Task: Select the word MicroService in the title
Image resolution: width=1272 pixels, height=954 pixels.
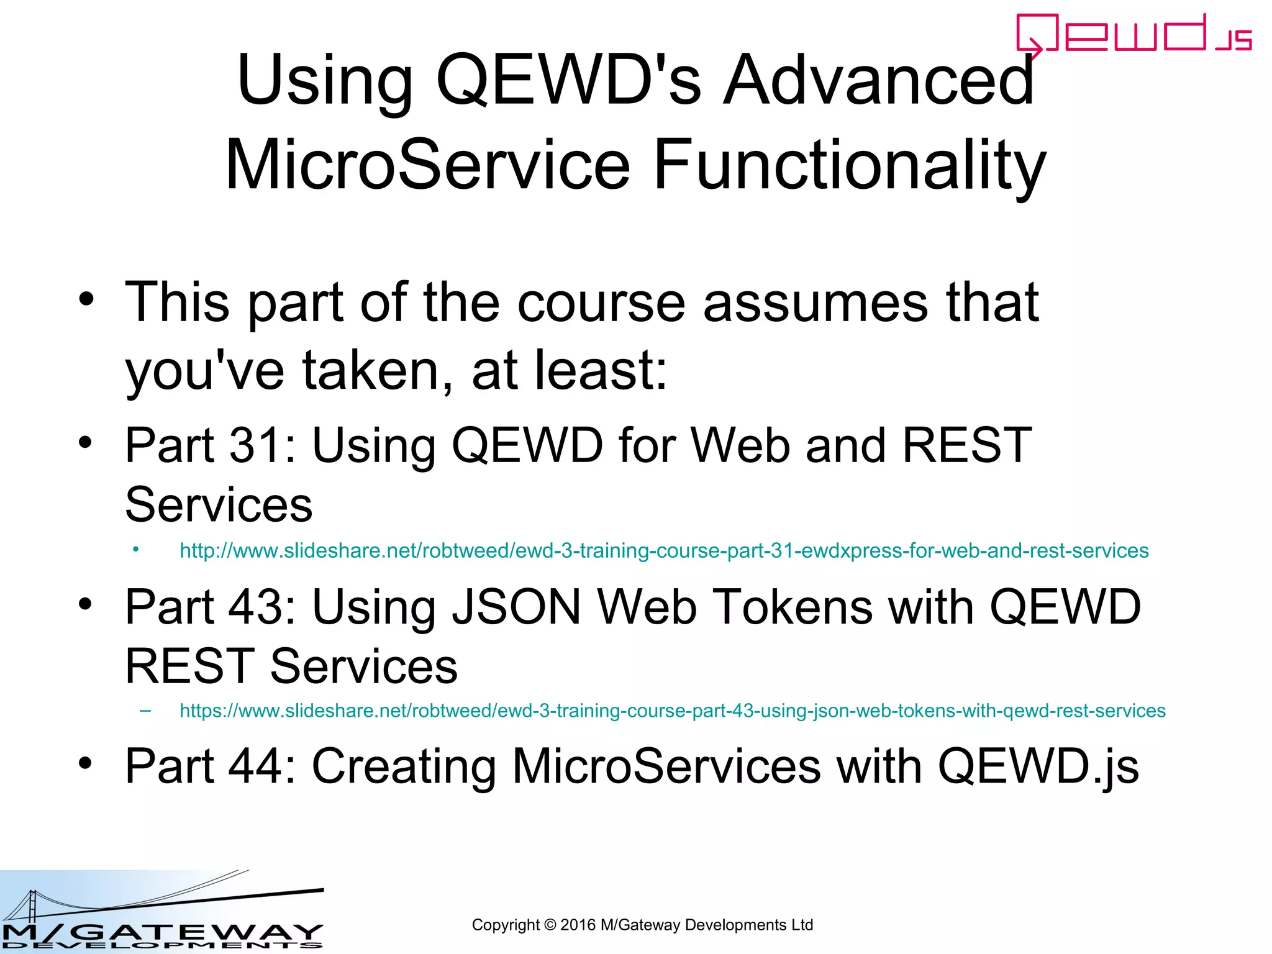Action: (x=427, y=165)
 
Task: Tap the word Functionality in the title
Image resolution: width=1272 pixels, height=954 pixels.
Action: (x=850, y=165)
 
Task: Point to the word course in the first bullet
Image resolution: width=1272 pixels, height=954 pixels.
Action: (x=601, y=303)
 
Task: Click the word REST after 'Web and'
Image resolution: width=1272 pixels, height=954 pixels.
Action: (x=966, y=445)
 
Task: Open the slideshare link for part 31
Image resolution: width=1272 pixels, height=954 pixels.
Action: (x=663, y=551)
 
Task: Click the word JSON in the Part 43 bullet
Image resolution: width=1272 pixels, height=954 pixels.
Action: (x=516, y=607)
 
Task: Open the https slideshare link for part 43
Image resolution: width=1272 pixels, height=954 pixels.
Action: (x=672, y=711)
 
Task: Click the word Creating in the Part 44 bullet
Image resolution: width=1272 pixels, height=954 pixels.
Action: (x=403, y=766)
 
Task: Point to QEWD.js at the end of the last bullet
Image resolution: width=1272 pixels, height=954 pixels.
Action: (x=1038, y=766)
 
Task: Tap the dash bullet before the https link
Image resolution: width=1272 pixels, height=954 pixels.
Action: (x=145, y=710)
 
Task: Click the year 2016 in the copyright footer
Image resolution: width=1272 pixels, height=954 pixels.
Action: (x=578, y=925)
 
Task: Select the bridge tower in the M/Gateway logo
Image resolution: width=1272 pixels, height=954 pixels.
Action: (x=31, y=906)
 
